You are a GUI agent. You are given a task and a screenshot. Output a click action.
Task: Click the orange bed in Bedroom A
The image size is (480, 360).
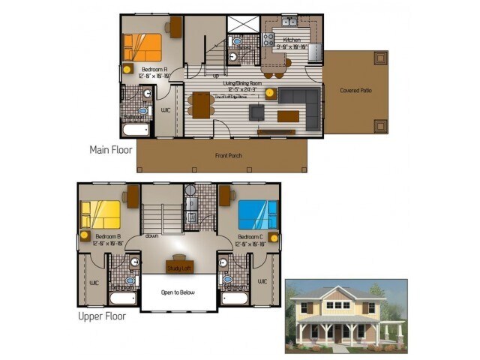click(x=143, y=47)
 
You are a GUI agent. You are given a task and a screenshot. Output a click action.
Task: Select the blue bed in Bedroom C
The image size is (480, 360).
click(x=257, y=214)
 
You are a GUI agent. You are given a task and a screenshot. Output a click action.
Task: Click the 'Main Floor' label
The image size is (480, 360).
click(x=111, y=149)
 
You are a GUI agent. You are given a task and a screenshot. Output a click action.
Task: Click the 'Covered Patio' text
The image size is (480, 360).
click(x=355, y=91)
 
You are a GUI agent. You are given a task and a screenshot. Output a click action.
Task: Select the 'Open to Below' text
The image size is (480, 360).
click(x=178, y=292)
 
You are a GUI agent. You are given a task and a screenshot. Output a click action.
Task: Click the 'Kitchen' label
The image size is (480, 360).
click(x=292, y=40)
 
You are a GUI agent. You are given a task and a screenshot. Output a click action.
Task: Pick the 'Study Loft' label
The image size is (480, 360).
click(x=178, y=267)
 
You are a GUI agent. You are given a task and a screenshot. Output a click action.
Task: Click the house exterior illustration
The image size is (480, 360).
click(x=346, y=316)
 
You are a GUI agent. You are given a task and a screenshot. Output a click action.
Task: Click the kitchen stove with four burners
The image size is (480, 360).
click(x=268, y=39)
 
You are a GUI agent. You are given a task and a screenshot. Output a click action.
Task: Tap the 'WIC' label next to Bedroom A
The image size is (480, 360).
click(x=166, y=110)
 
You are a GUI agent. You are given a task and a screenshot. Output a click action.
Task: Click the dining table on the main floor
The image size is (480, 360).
click(x=201, y=103)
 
